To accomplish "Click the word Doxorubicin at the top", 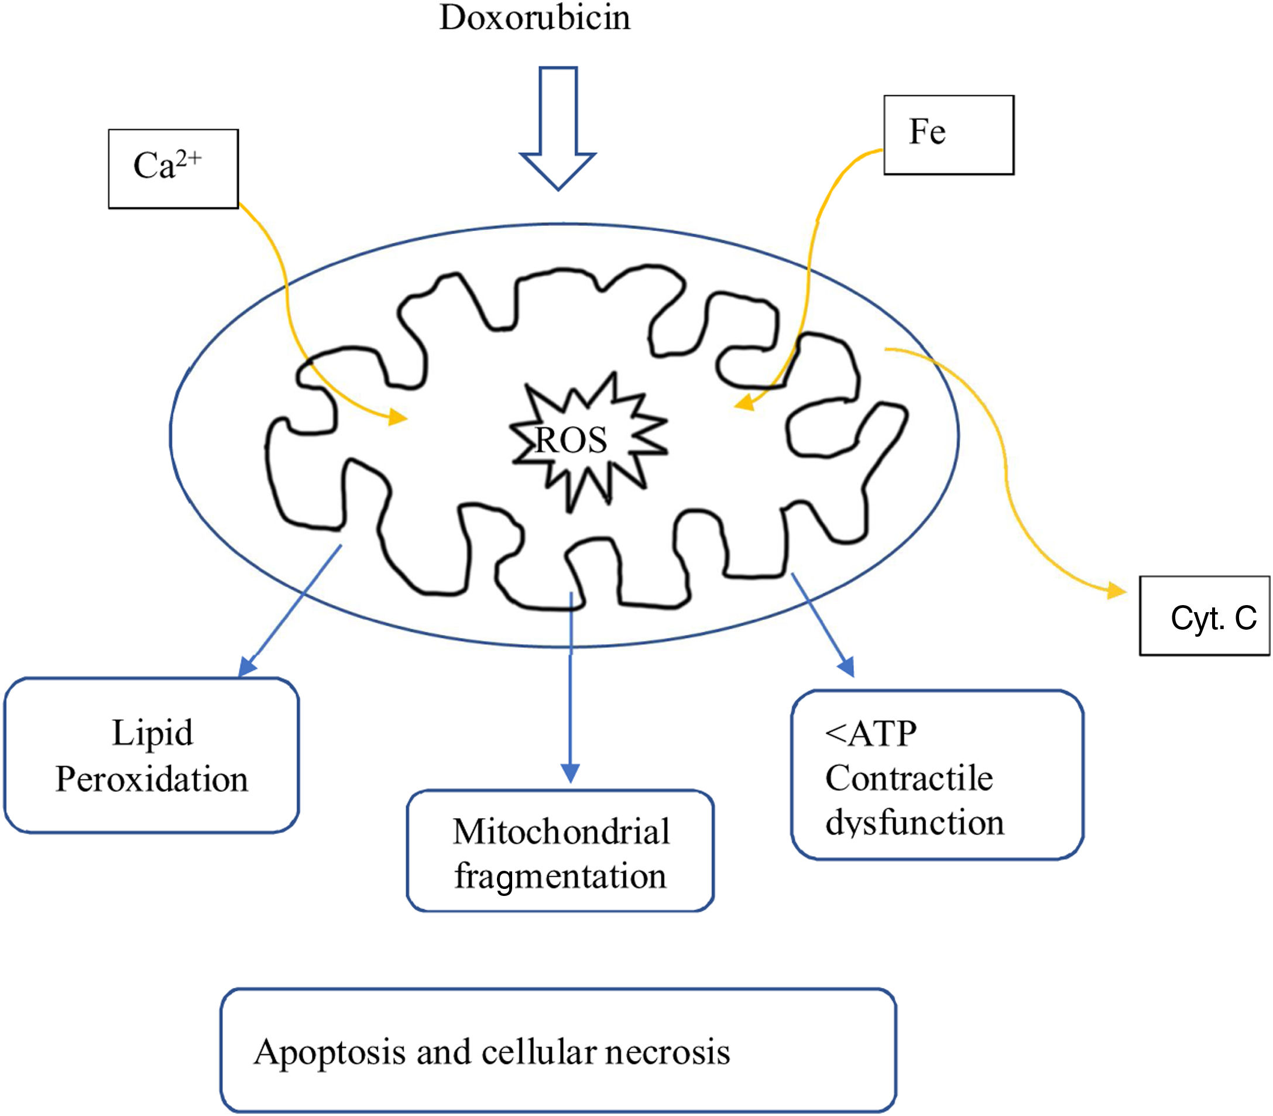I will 535,18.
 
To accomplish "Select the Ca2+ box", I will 173,169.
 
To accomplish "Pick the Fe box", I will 949,135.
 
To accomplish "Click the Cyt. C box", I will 1204,616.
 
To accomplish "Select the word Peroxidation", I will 152,779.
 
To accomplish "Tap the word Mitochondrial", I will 561,832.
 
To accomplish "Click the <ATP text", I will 871,734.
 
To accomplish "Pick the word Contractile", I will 909,778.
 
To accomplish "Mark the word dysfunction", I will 915,822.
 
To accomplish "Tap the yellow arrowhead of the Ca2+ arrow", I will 397,417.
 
